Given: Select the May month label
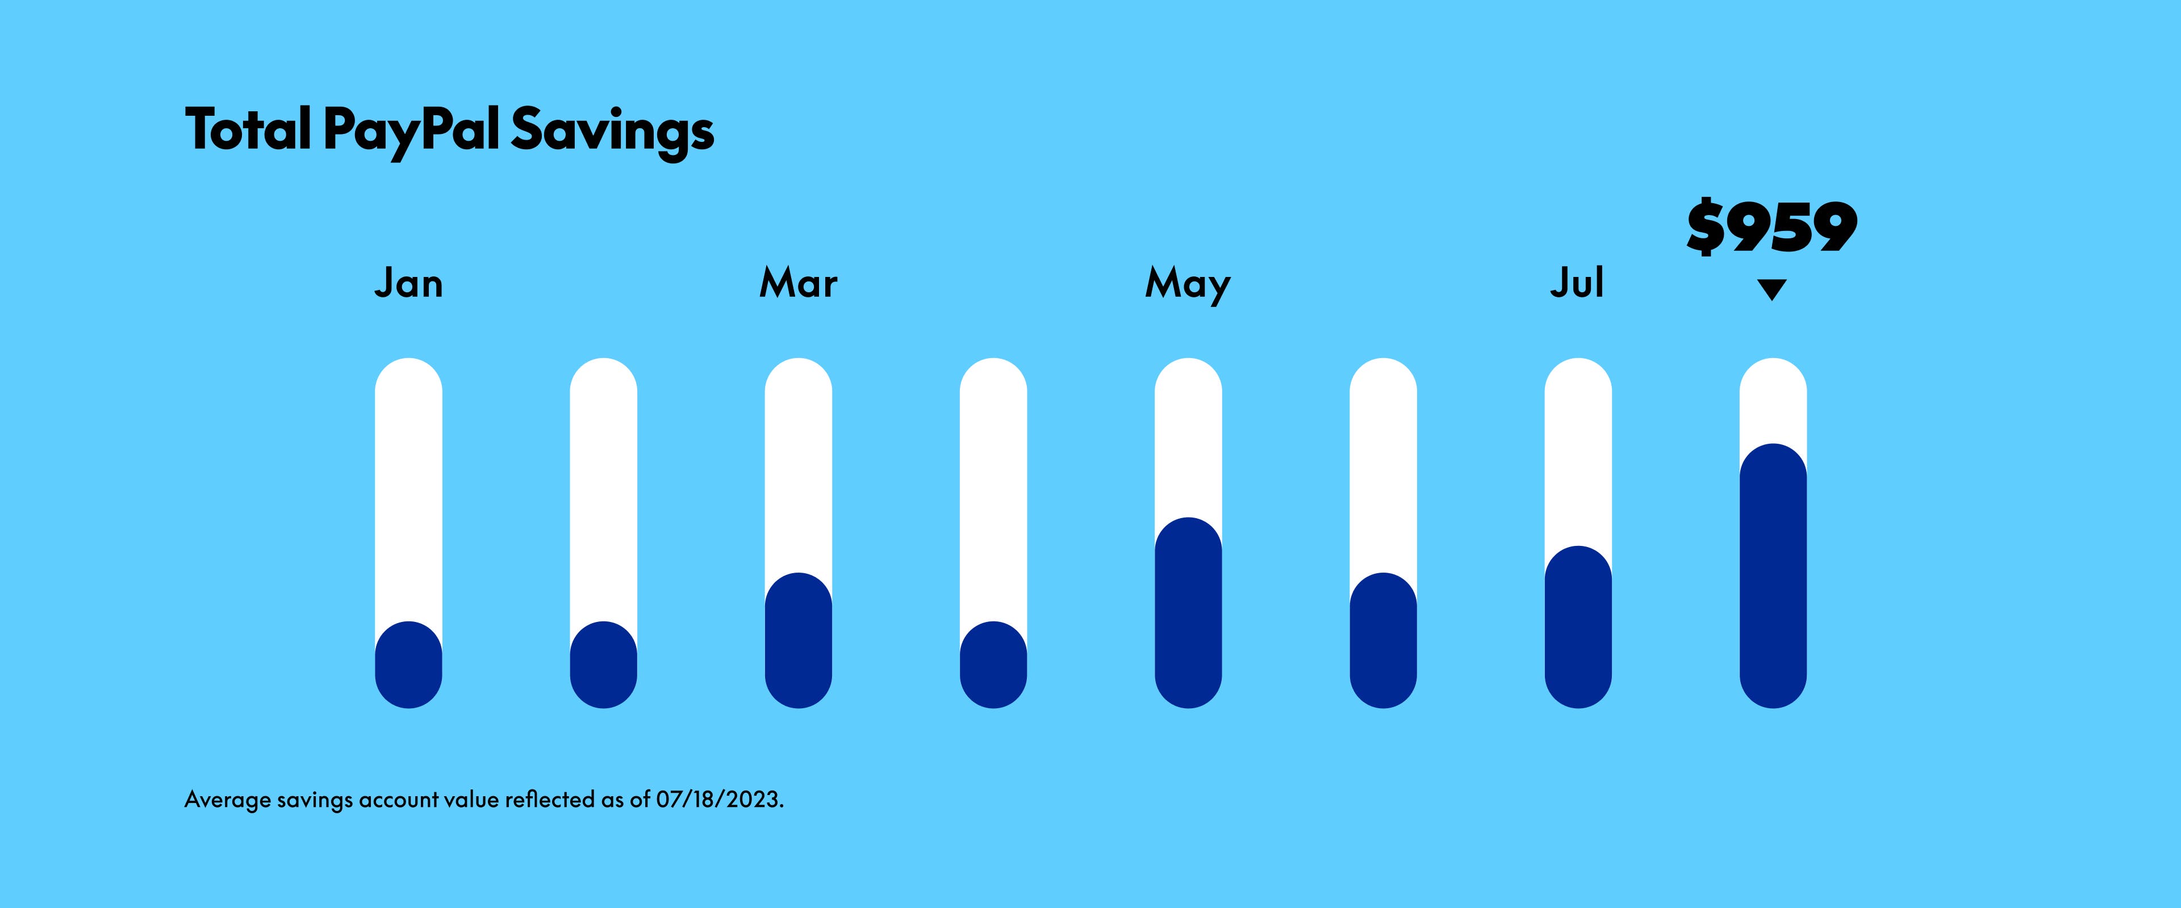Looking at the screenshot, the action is tap(1188, 285).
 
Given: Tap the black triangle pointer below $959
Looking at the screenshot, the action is tap(1772, 289).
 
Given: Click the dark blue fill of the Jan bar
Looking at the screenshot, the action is tap(408, 665).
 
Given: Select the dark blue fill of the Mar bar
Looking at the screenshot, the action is tap(799, 641).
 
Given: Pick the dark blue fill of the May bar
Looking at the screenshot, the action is tap(1188, 613).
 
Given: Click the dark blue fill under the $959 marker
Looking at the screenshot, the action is tap(1773, 575).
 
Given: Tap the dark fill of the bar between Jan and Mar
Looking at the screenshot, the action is tap(604, 665).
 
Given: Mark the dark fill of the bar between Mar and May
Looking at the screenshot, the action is tap(993, 665).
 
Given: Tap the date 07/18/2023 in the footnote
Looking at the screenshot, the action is tap(720, 800).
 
